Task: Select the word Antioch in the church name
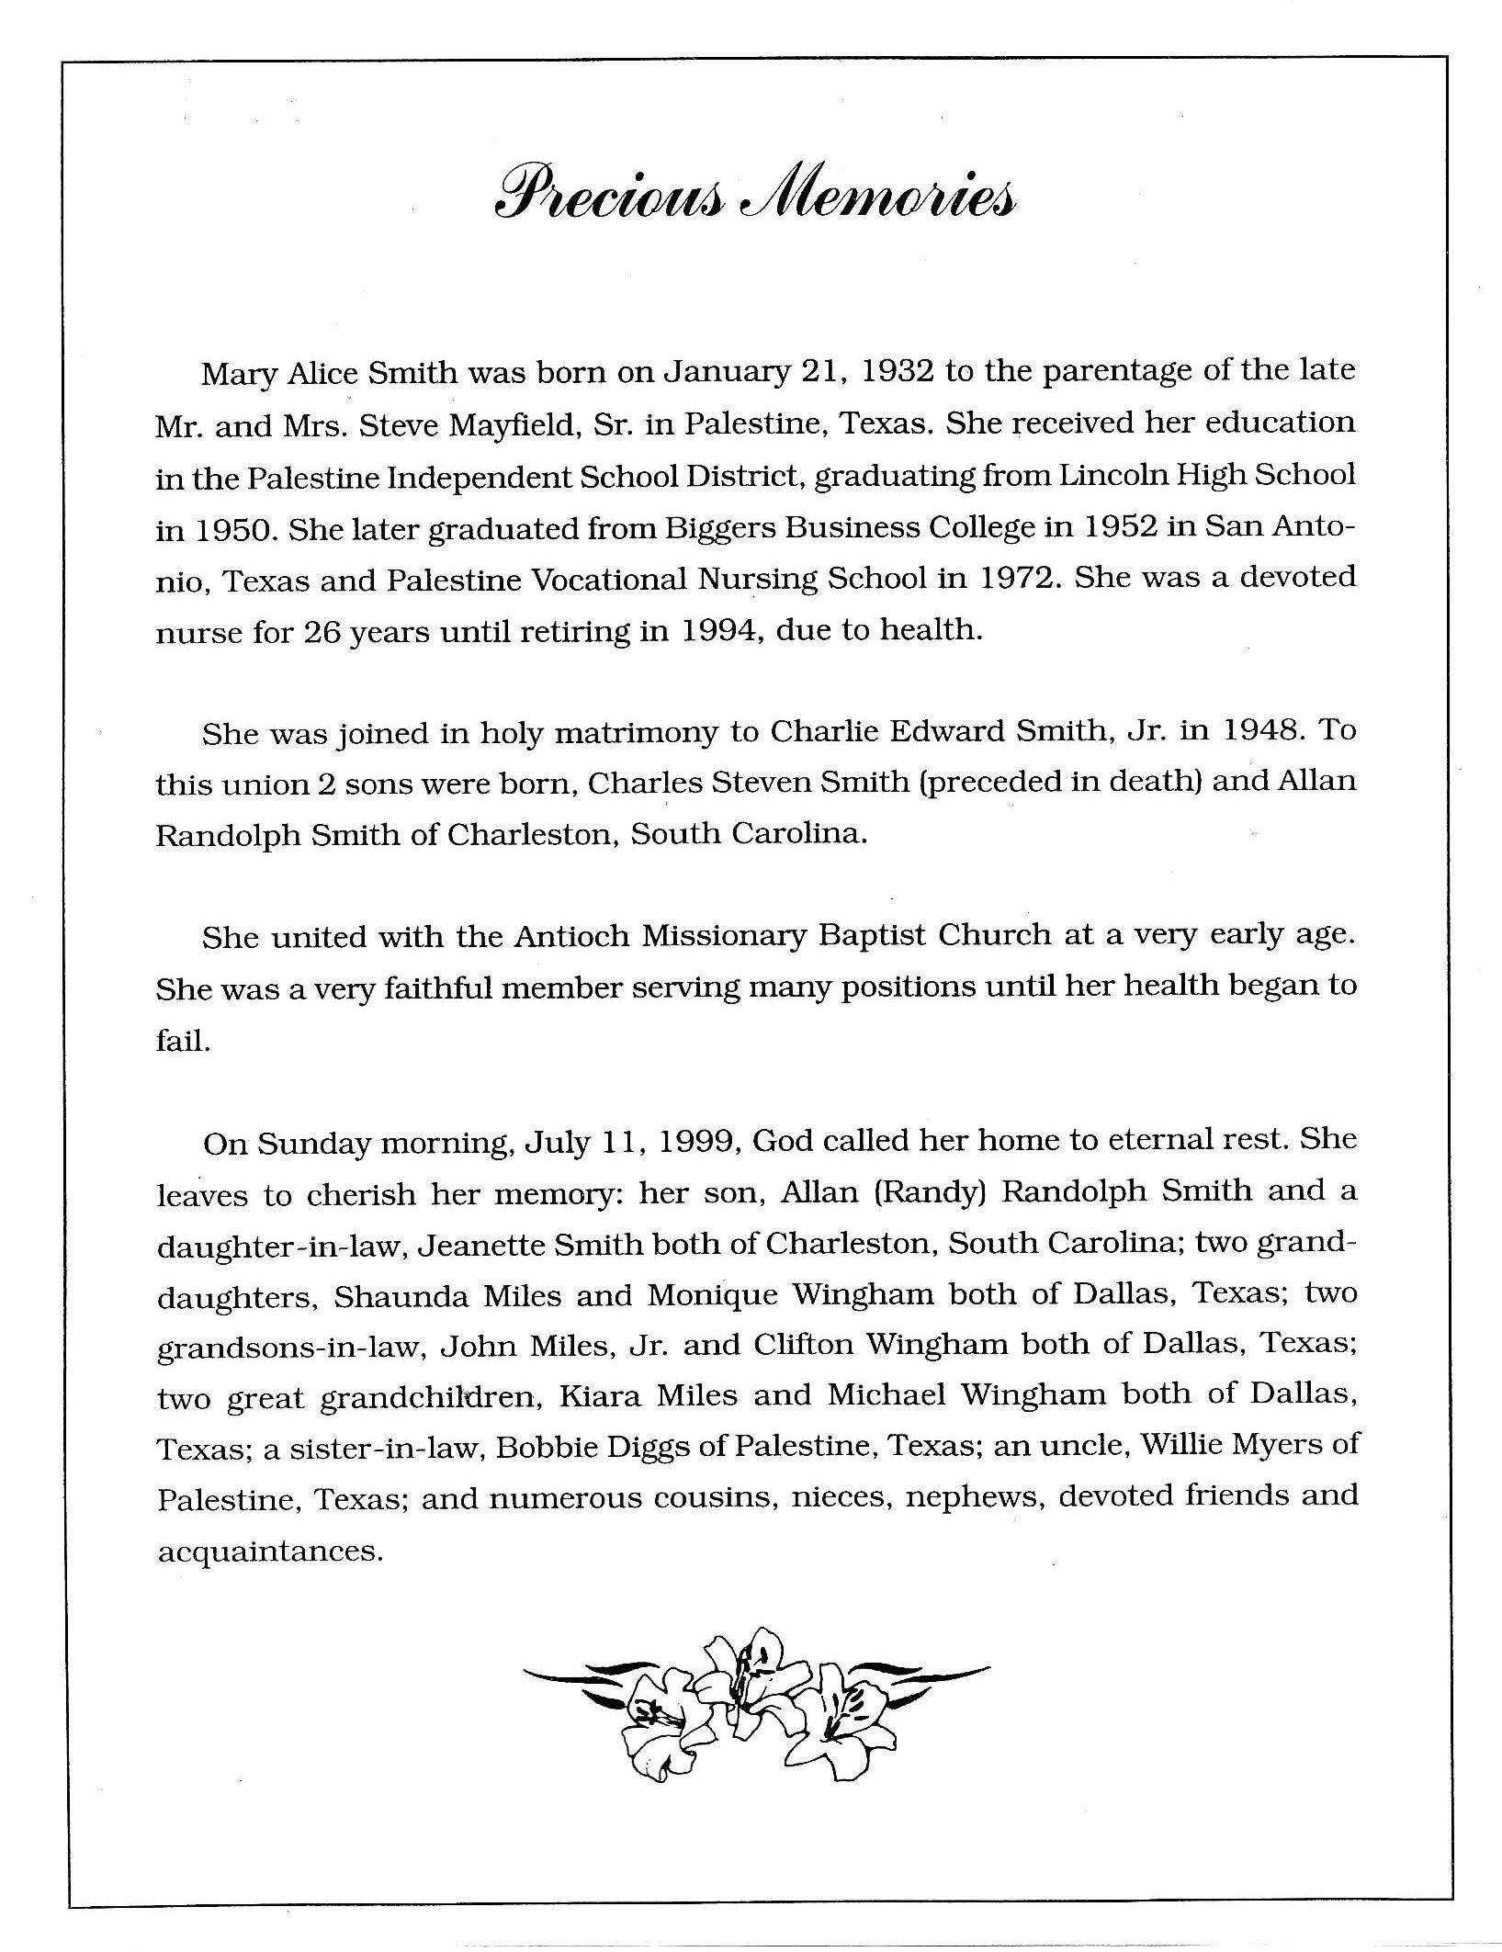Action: point(570,936)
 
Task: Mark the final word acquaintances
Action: point(269,1552)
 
